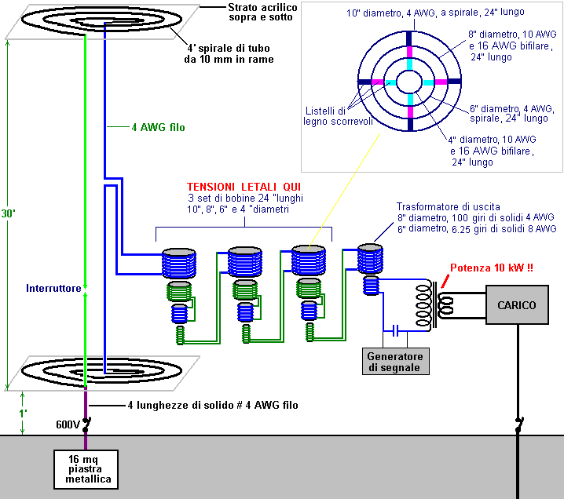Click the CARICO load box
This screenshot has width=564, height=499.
(x=517, y=304)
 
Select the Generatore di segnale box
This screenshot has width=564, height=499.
(x=395, y=361)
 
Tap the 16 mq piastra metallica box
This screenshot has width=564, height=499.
(x=86, y=469)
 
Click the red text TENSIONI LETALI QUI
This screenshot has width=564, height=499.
(x=244, y=187)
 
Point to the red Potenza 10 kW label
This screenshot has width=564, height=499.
(x=492, y=268)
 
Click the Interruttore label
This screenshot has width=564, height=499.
(x=53, y=288)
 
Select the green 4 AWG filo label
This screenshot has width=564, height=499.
(x=158, y=127)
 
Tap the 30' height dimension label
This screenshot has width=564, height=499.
(x=8, y=213)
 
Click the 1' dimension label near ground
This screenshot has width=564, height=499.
(x=23, y=413)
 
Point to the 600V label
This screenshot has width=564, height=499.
(x=68, y=424)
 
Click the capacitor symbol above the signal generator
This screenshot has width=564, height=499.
(x=395, y=330)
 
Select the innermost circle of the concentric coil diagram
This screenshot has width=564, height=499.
(x=409, y=70)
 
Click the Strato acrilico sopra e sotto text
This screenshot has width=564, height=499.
(x=263, y=13)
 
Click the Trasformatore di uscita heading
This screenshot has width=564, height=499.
(x=449, y=206)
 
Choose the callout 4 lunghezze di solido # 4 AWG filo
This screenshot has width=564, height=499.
(x=213, y=405)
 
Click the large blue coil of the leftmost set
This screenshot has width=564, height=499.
(x=179, y=264)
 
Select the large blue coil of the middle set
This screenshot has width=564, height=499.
(x=245, y=262)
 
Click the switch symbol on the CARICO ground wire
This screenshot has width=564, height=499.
(x=518, y=424)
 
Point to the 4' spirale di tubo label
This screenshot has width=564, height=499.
(x=229, y=53)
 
